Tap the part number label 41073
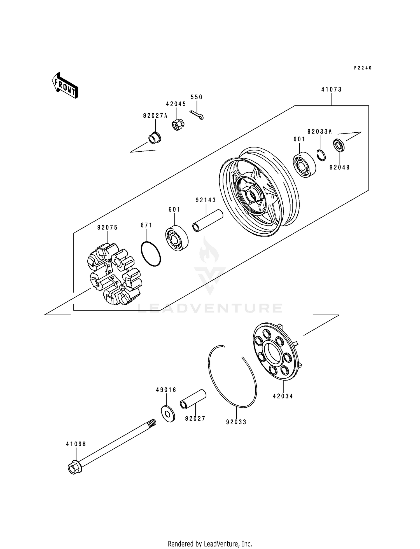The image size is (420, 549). pos(332,90)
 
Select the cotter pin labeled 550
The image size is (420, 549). pos(197,115)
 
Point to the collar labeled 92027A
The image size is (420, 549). pos(154,138)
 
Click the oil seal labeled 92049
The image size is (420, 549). pos(339,146)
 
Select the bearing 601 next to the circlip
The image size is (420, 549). pos(304,165)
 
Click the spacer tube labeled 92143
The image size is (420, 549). pos(207,221)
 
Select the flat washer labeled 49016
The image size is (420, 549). pos(168,414)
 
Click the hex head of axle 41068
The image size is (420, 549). pos(74,468)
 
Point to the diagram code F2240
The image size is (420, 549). pos(363,68)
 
